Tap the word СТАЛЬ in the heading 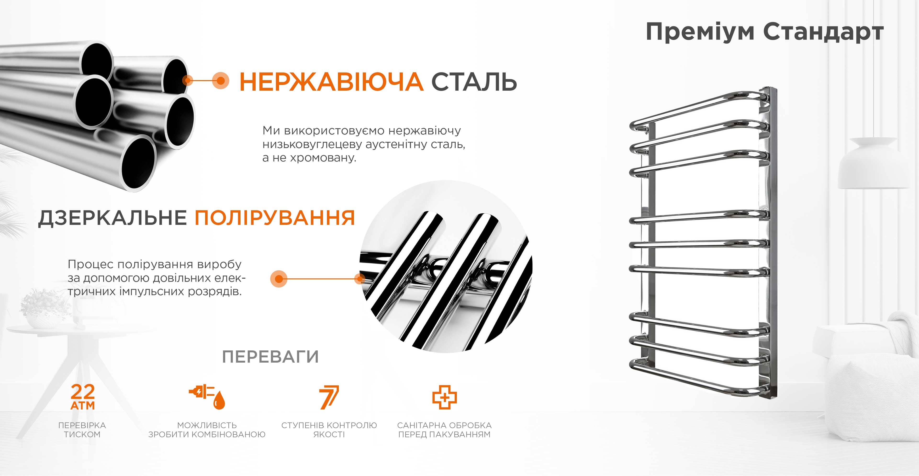[x=474, y=82]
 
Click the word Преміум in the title [x=700, y=32]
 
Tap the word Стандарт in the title [x=823, y=32]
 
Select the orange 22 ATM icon [x=83, y=397]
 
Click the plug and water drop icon [x=207, y=397]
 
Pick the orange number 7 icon [x=329, y=397]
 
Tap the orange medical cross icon [x=444, y=397]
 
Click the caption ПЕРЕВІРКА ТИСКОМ [x=82, y=430]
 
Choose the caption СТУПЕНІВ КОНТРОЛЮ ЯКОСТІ [x=329, y=430]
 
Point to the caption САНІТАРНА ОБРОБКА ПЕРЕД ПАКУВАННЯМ [x=444, y=430]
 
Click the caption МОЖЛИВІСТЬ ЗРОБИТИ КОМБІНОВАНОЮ [x=207, y=430]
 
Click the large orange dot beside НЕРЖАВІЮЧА [x=220, y=81]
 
